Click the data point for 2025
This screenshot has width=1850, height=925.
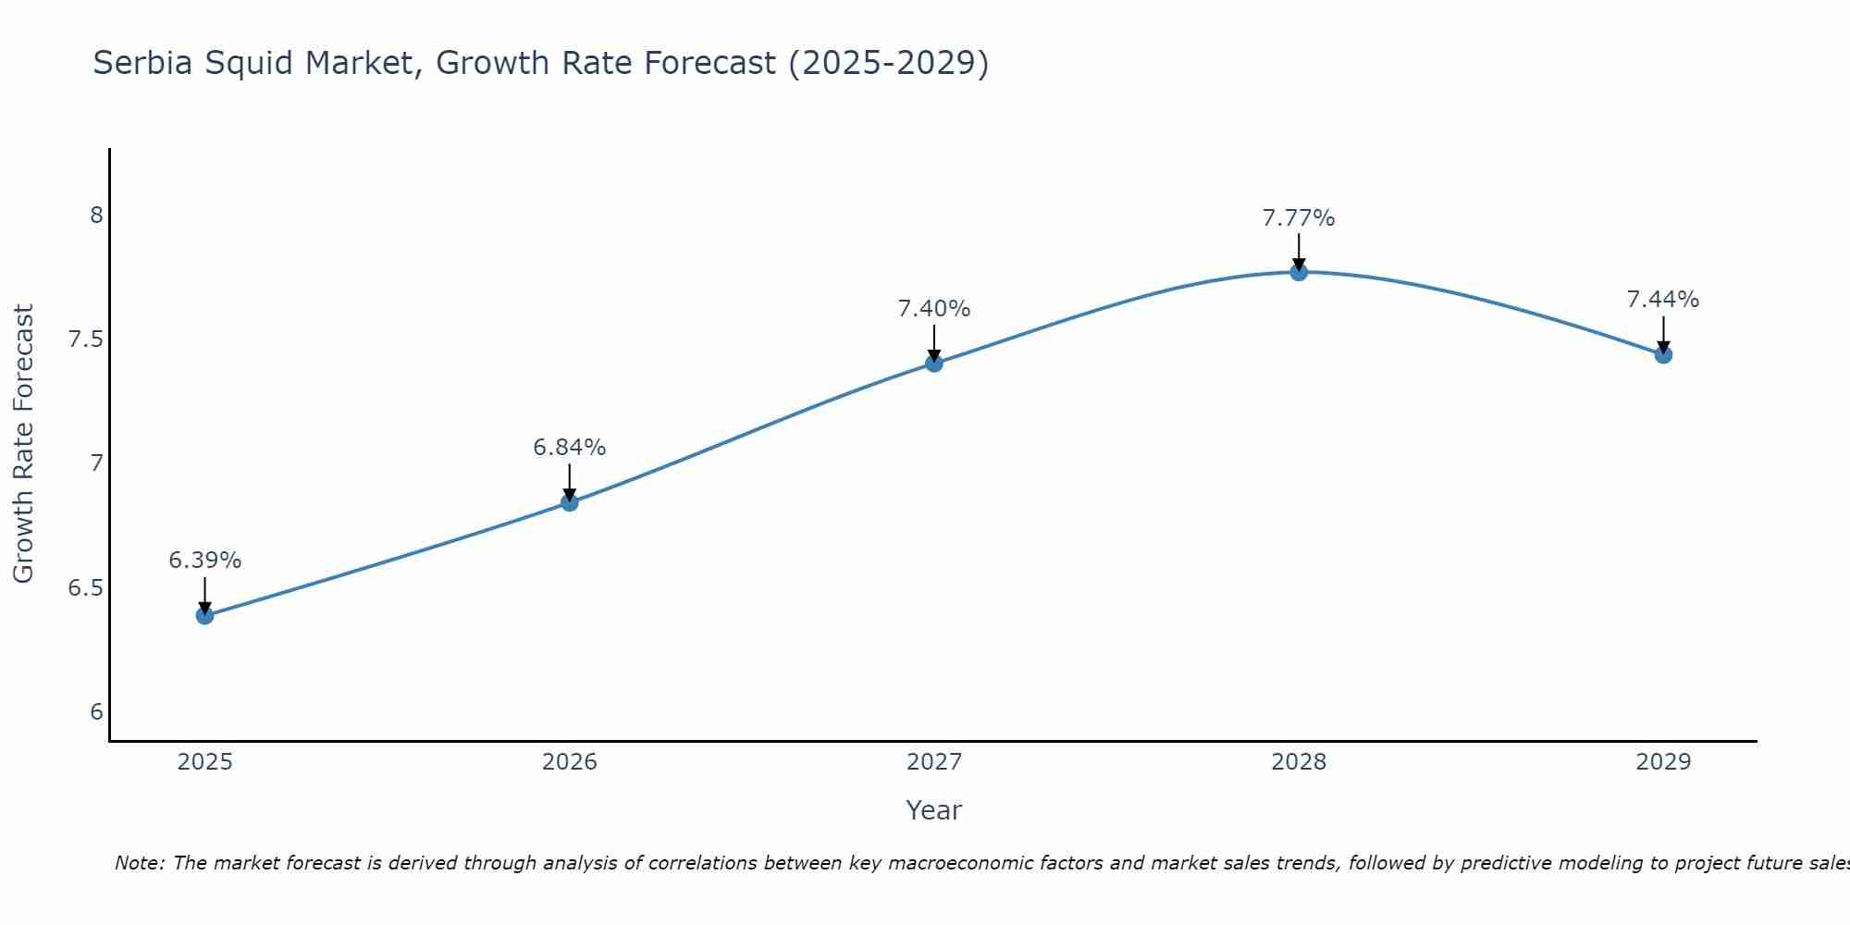pyautogui.click(x=204, y=615)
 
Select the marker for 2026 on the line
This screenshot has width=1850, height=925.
pyautogui.click(x=570, y=502)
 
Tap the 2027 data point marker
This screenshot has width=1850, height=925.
pyautogui.click(x=934, y=363)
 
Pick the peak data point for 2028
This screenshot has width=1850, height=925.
pyautogui.click(x=1299, y=272)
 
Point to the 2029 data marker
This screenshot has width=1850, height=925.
pyautogui.click(x=1663, y=354)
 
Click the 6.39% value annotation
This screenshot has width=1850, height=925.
pyautogui.click(x=204, y=561)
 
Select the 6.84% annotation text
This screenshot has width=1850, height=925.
pyautogui.click(x=570, y=448)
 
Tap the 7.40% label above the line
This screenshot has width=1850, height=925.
pyautogui.click(x=934, y=309)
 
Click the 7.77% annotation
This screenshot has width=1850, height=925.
pyautogui.click(x=1299, y=218)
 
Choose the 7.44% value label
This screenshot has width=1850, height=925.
pyautogui.click(x=1663, y=300)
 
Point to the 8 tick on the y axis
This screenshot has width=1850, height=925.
pyautogui.click(x=96, y=216)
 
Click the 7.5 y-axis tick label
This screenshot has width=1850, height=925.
pyautogui.click(x=86, y=339)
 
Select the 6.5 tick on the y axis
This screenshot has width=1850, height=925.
pyautogui.click(x=86, y=588)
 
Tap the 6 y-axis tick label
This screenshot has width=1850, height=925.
pyautogui.click(x=96, y=712)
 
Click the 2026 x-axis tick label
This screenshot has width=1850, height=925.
pyautogui.click(x=570, y=762)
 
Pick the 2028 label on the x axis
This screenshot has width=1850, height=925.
pyautogui.click(x=1299, y=762)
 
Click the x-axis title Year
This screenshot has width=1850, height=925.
pyautogui.click(x=934, y=810)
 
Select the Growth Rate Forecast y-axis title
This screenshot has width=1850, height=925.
pyautogui.click(x=24, y=444)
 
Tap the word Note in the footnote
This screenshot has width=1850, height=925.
pyautogui.click(x=139, y=863)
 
